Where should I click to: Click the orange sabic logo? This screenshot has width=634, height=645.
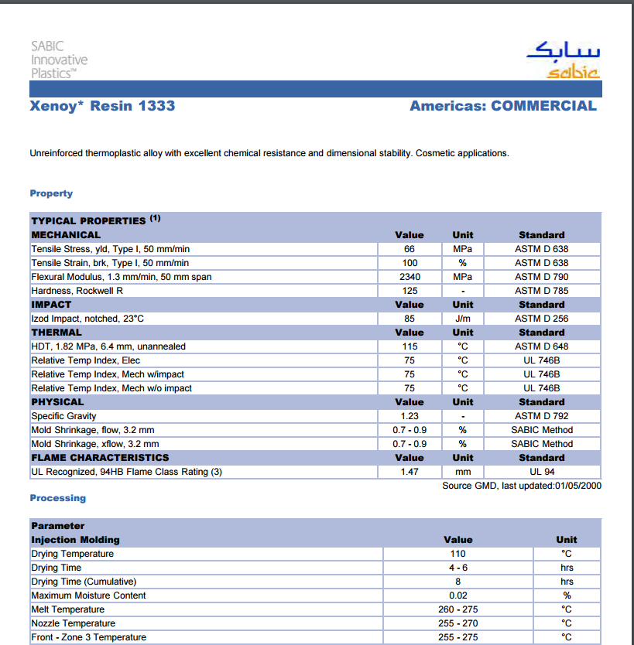pyautogui.click(x=573, y=73)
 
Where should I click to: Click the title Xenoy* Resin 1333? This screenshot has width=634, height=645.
pyautogui.click(x=102, y=106)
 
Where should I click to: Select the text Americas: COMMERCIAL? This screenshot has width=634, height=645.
pyautogui.click(x=503, y=106)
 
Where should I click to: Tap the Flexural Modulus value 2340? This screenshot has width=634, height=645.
pyautogui.click(x=410, y=277)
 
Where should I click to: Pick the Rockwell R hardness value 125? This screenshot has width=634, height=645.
pyautogui.click(x=410, y=291)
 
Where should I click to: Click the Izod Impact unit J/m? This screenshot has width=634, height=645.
pyautogui.click(x=462, y=319)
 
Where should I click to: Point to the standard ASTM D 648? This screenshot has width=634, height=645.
pyautogui.click(x=541, y=346)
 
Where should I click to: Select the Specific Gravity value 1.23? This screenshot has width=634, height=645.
pyautogui.click(x=410, y=416)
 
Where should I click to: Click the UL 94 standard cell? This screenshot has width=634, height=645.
pyautogui.click(x=541, y=472)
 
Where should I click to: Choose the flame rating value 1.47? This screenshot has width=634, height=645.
pyautogui.click(x=410, y=472)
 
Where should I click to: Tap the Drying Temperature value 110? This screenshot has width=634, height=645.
pyautogui.click(x=458, y=554)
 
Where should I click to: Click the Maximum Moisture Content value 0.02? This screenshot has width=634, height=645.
pyautogui.click(x=458, y=596)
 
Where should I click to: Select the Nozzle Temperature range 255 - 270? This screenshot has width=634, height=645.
pyautogui.click(x=458, y=623)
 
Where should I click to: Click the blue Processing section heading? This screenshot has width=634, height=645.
pyautogui.click(x=58, y=498)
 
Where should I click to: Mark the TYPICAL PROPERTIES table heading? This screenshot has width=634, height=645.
pyautogui.click(x=88, y=220)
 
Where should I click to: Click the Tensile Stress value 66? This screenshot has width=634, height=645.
pyautogui.click(x=410, y=249)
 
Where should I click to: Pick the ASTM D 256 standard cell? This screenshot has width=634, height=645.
pyautogui.click(x=541, y=319)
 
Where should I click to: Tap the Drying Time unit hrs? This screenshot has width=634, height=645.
pyautogui.click(x=567, y=568)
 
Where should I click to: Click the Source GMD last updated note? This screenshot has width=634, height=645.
pyautogui.click(x=522, y=486)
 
